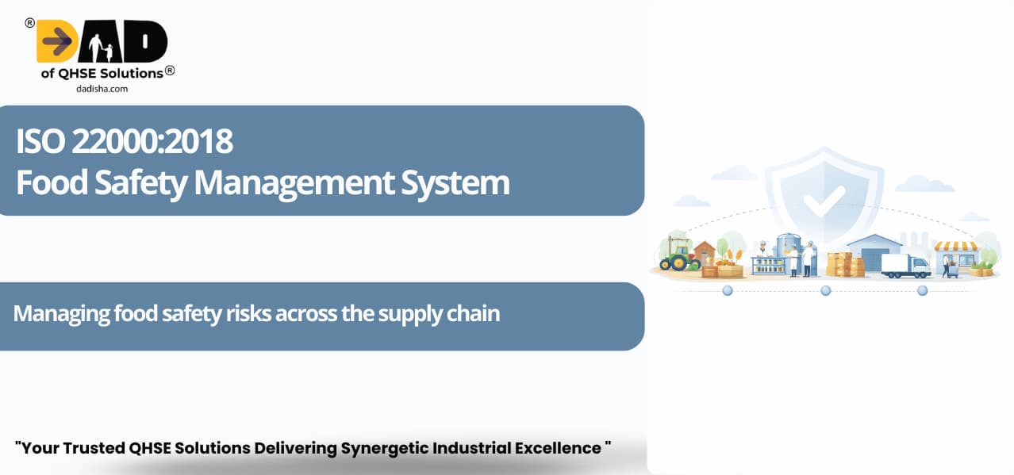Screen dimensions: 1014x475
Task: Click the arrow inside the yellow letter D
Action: coord(57,41)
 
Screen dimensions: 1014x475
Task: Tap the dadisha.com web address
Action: coord(102,89)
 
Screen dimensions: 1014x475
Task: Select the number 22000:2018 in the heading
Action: coord(152,141)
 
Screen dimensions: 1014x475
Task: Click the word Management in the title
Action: coord(294,182)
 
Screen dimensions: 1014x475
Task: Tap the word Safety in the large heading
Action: coord(140,182)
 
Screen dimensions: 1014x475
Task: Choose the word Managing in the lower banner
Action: coord(61,314)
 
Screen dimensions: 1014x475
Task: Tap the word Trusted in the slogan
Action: coord(94,448)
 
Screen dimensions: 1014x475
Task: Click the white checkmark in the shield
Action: coord(824,201)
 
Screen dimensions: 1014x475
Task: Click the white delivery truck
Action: coord(905,266)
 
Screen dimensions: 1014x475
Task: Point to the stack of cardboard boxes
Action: coord(845,265)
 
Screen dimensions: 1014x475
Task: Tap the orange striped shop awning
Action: coord(956,247)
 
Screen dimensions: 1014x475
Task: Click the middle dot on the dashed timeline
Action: coord(826,290)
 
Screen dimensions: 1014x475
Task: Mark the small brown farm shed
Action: coord(705,254)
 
